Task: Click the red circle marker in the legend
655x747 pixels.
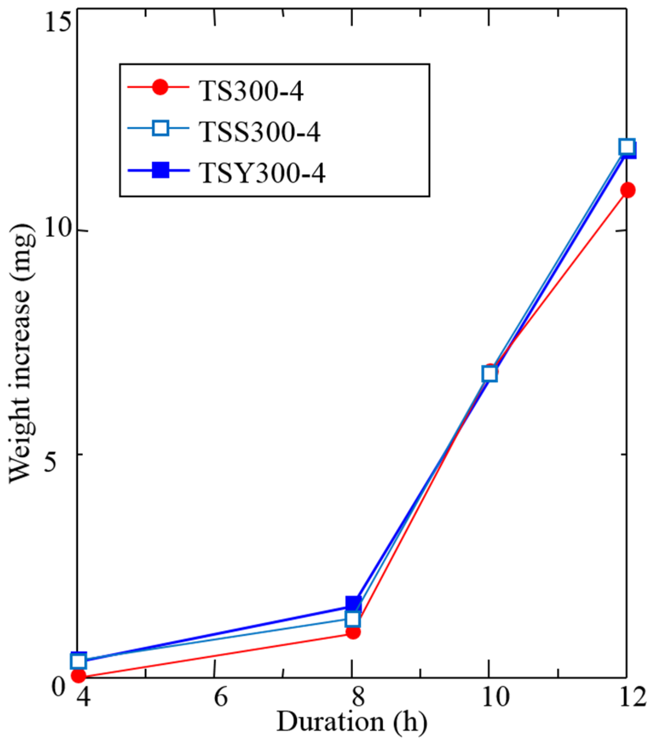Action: pyautogui.click(x=160, y=87)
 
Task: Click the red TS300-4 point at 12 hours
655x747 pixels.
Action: pyautogui.click(x=627, y=190)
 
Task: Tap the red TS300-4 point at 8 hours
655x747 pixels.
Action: pyautogui.click(x=353, y=632)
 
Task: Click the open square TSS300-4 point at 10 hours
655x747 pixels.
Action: pyautogui.click(x=489, y=373)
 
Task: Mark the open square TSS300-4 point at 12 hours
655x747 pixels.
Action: pyautogui.click(x=627, y=147)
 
